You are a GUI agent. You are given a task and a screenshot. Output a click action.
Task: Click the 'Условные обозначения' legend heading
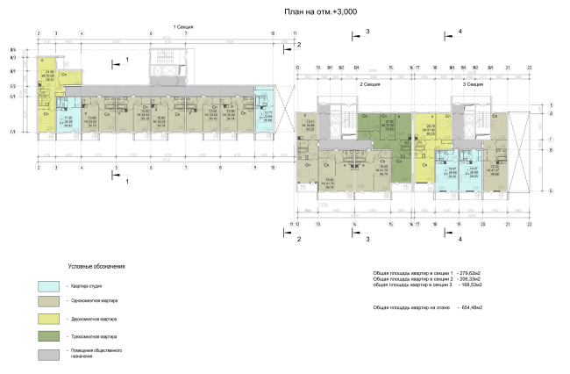click(96, 266)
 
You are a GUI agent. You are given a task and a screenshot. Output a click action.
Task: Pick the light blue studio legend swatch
click(50, 285)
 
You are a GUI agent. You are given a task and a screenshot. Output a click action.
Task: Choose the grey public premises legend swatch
click(50, 354)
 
